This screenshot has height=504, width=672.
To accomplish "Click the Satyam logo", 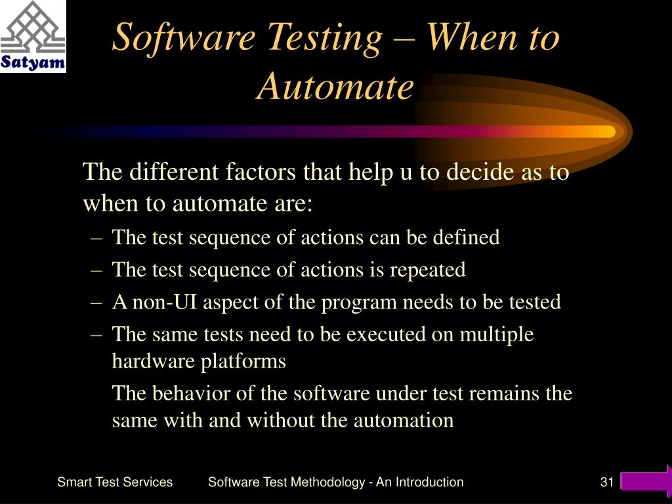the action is pos(33,36).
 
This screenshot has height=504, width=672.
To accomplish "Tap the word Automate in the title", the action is pos(335,87).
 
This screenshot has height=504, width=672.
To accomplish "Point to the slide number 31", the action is pos(607,482).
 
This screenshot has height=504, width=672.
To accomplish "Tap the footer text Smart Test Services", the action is pos(115,482).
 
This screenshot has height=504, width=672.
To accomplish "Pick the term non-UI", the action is pos(164,302).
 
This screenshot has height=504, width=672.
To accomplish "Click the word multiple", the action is pos(497,335).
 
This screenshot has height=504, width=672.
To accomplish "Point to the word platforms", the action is pos(243,362).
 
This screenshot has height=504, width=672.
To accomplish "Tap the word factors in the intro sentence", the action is pos(261,172).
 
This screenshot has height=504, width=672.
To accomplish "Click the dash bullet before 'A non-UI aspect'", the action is pos(96,303).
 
